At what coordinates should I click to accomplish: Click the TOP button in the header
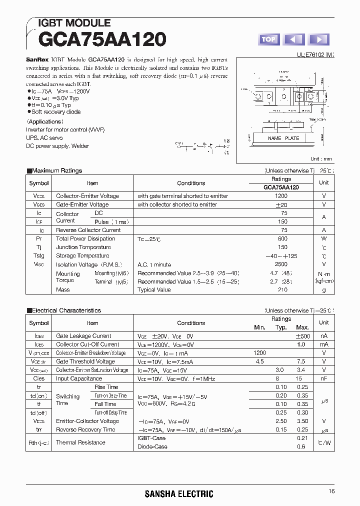coord(268,39)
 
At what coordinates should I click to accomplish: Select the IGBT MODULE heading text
coord(74,23)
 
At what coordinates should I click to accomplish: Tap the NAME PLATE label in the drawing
coord(283,138)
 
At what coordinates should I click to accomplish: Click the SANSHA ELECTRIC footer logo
coord(179,494)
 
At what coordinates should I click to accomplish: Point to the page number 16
coord(331,492)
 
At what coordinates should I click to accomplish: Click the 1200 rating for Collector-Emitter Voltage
coord(281,196)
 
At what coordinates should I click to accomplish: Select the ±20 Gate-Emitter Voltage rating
coord(281,204)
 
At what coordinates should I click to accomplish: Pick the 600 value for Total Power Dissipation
coord(282,238)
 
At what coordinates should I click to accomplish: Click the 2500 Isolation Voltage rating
coord(281,264)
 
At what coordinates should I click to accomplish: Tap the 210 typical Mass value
coord(282,289)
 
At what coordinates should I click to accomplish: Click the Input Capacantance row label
coord(79,378)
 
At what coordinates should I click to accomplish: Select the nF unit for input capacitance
coord(324,378)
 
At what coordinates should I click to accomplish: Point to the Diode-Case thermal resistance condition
coord(152,446)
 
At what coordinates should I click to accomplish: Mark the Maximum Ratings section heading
coord(56,170)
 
